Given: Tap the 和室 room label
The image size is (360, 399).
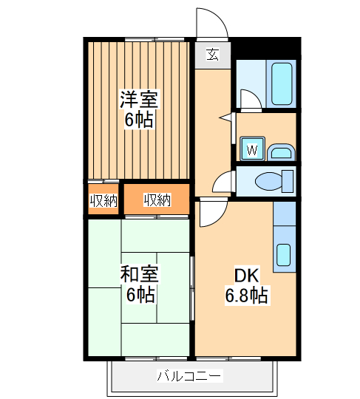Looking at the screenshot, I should click(138, 275).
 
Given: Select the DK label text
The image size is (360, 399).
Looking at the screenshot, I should click(246, 276).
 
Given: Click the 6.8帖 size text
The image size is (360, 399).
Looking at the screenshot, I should click(246, 296).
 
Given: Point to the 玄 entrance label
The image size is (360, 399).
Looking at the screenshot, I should click(212, 54).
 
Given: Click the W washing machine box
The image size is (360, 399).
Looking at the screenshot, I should click(251, 150).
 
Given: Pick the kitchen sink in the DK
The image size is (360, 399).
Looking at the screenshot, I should click(284, 254).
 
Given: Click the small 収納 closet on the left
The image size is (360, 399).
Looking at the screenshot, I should click(103, 200).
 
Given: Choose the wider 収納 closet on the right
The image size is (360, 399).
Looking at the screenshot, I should click(157, 200).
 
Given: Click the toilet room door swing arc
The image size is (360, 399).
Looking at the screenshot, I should click(223, 180).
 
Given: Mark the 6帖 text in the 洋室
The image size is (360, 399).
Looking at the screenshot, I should click(138, 120).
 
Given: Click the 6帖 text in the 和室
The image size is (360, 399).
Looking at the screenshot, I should click(138, 295).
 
